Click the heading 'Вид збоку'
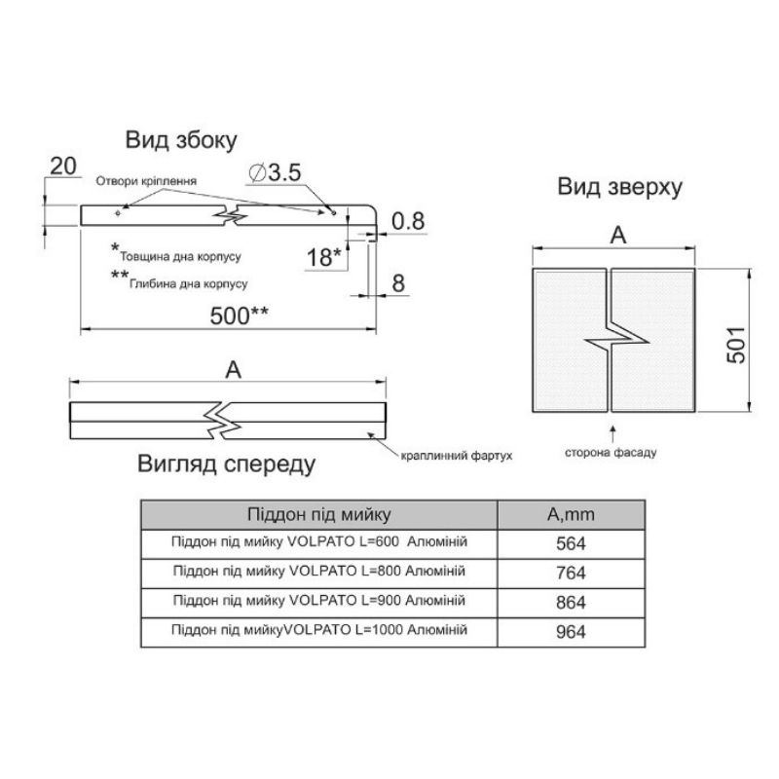point(181,140)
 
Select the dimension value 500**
point(239,315)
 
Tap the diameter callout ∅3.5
point(275,173)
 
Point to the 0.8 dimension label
point(408,222)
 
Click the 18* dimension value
point(324,257)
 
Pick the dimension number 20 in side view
point(63,167)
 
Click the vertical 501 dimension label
point(736,346)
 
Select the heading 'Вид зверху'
point(619,187)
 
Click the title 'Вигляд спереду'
point(227,464)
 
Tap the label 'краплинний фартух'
point(456,456)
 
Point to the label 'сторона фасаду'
point(611,453)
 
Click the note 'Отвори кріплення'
point(146,181)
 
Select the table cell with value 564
point(571,544)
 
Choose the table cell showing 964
point(571,632)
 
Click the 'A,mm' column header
point(571,514)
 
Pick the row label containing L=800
point(319,572)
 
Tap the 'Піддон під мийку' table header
point(319,514)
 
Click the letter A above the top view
point(617,235)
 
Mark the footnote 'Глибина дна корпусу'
point(188,284)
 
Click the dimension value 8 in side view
point(398,283)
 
